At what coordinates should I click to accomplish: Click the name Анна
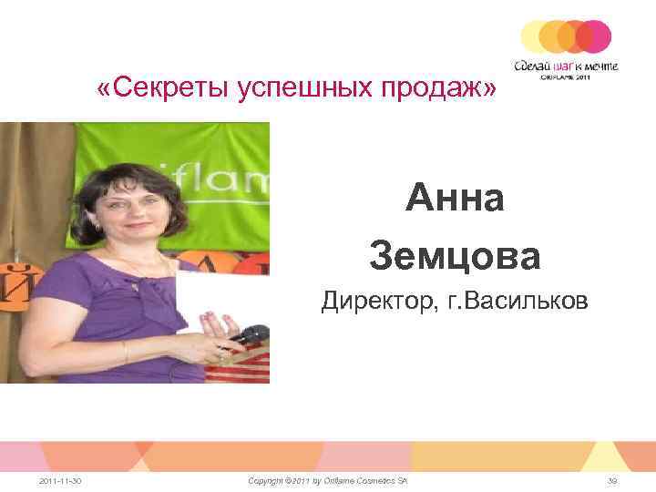[455, 198]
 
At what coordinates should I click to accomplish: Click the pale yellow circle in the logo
[537, 36]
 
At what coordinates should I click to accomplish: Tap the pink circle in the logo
[595, 36]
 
